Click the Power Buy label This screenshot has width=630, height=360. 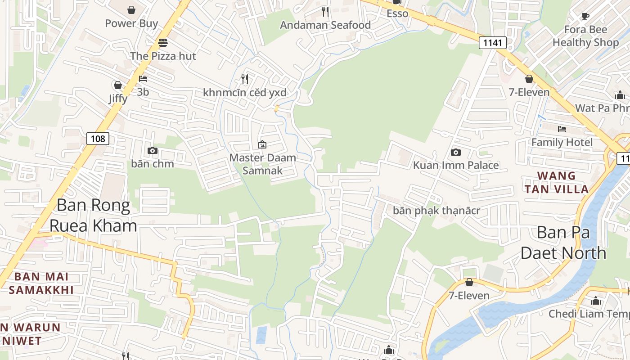[131, 23]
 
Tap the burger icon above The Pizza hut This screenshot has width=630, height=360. [163, 43]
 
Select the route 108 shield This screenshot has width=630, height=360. [98, 139]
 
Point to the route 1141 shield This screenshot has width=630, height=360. [493, 43]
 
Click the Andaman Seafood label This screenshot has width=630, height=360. [325, 25]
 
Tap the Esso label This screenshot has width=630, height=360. [397, 13]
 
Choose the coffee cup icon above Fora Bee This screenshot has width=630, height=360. [585, 17]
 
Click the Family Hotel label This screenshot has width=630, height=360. [562, 142]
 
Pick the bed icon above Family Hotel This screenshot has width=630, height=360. [562, 129]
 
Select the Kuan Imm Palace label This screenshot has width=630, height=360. [456, 165]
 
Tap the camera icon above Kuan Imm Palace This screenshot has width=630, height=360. [456, 152]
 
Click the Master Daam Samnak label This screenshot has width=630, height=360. [263, 164]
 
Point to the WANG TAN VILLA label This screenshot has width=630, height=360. [557, 182]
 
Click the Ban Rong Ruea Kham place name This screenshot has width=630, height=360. [93, 215]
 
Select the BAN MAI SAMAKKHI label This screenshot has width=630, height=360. [41, 283]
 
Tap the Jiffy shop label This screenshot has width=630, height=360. [118, 98]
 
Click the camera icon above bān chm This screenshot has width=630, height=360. [153, 150]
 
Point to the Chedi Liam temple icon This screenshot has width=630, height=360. [596, 301]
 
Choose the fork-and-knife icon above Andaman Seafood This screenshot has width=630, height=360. [325, 11]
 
